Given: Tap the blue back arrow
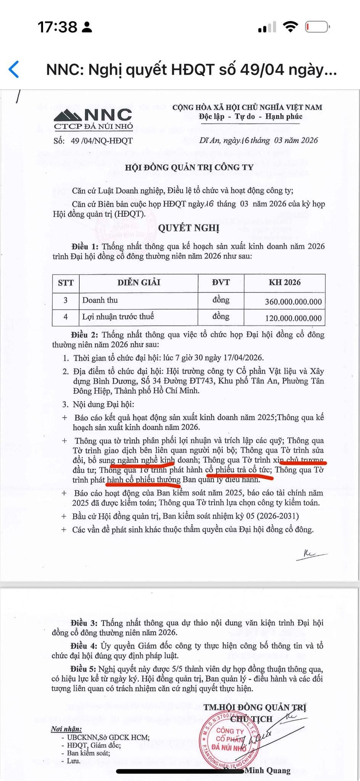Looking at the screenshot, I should tap(14, 69).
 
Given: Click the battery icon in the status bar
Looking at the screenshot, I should tap(317, 27).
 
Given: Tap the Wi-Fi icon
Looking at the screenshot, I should tap(290, 27).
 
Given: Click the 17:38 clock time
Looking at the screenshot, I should tap(57, 27).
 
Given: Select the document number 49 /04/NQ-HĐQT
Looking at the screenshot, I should tap(101, 140).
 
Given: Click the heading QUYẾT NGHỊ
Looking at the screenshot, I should tap(189, 228).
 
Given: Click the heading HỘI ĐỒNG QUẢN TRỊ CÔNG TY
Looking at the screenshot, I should tap(189, 167).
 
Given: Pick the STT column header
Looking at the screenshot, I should tap(66, 283).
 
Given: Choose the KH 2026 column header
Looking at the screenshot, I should tap(284, 283).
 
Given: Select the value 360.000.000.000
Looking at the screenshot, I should tap(293, 302).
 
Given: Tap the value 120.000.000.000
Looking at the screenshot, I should tap(293, 318).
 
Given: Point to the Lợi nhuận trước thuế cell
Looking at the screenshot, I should tap(118, 317).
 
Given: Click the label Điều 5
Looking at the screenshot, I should tap(83, 669).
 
